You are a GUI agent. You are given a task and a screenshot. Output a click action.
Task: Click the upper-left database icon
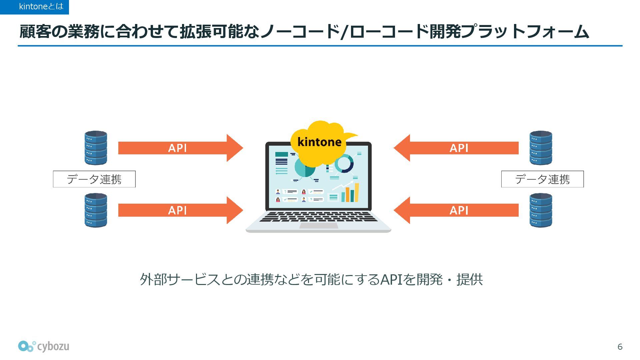tap(96, 148)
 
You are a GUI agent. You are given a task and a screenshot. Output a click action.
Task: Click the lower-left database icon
tap(96, 210)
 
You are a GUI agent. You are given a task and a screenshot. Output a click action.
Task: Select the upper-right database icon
tap(541, 148)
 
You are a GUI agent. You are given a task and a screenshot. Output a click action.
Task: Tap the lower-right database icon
tap(541, 210)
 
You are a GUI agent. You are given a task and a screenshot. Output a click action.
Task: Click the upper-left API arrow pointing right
tap(180, 148)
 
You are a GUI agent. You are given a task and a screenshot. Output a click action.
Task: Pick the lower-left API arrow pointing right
tap(180, 210)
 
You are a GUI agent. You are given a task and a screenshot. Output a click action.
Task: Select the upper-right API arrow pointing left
tap(457, 148)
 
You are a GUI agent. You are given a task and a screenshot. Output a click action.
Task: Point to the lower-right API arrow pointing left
tap(457, 210)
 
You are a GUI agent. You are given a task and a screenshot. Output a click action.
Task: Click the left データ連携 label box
tap(94, 179)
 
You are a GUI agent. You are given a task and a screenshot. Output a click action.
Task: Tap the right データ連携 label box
tap(542, 179)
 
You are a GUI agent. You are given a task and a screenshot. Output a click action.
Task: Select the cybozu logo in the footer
tap(44, 346)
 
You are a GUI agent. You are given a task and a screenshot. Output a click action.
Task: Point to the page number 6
tap(620, 347)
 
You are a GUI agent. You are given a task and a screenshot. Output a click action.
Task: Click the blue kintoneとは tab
tap(34, 7)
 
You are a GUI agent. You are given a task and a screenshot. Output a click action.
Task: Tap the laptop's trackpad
tap(318, 226)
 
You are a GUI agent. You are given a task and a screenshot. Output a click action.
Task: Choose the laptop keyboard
tap(318, 217)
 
